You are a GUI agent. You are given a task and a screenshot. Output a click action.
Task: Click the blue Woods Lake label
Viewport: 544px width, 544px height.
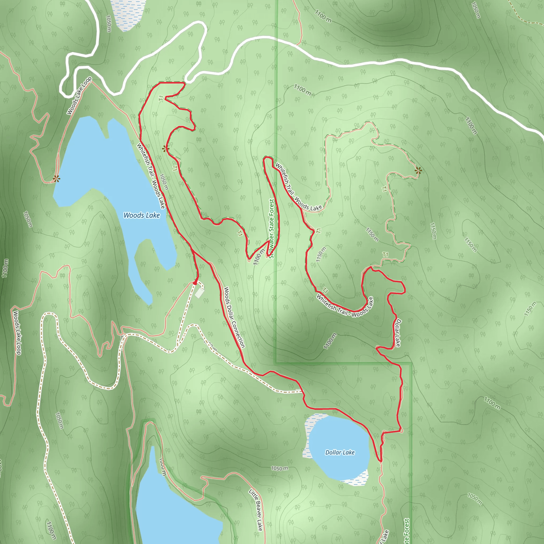point(142,215)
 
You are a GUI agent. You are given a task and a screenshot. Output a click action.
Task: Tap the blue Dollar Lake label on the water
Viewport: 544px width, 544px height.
point(340,452)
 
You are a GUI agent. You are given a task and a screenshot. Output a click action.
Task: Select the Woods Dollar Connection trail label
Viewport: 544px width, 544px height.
point(234,317)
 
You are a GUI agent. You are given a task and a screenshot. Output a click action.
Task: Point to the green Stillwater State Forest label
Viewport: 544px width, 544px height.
point(271,228)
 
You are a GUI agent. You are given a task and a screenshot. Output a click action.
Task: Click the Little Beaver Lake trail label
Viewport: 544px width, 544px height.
point(256,510)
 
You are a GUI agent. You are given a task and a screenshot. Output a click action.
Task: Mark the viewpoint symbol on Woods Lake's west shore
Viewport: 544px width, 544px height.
point(56,178)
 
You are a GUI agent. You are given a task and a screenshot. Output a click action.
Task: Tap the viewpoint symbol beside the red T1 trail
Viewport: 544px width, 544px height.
point(165,148)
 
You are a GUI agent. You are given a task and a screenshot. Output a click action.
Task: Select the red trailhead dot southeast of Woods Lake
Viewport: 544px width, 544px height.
point(195,283)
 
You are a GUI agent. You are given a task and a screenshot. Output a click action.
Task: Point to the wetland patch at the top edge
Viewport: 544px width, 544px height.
point(128,14)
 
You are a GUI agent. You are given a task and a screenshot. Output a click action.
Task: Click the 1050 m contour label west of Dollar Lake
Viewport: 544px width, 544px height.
point(280,468)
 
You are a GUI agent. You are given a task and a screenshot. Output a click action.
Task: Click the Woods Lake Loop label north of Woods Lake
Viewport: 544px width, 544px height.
point(79,95)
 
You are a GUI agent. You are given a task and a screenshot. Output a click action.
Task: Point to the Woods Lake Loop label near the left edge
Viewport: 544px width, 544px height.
point(17,333)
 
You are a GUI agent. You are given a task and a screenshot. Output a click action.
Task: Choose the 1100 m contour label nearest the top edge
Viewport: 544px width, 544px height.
point(323,16)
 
